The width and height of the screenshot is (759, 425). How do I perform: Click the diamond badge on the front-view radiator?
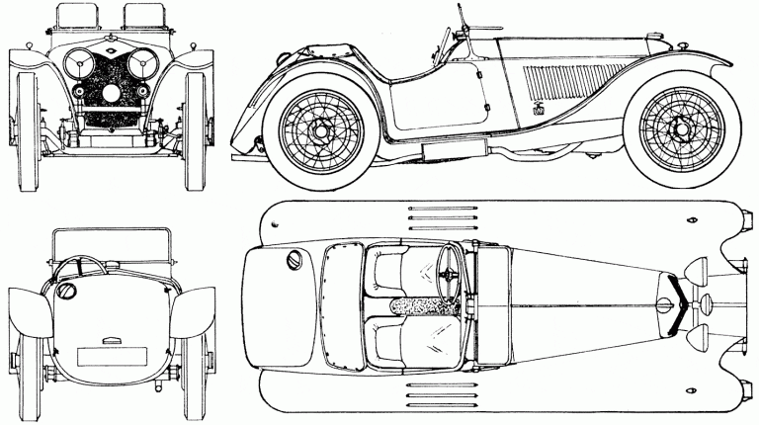(109, 55)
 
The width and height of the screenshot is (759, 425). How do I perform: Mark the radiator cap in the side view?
(653, 38)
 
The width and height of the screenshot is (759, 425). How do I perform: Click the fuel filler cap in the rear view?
(67, 292)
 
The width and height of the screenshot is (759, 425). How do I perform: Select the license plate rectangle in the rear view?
(111, 357)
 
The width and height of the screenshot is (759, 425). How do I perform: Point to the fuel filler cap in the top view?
(294, 260)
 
